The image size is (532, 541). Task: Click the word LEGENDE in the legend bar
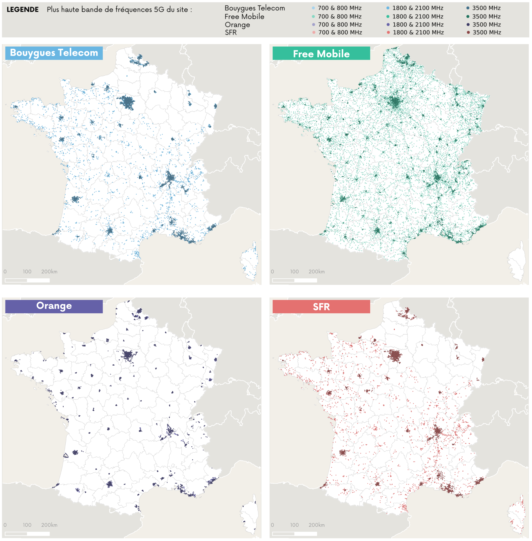23,9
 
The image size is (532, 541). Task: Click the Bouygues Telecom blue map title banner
54,53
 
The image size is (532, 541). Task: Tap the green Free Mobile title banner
321,54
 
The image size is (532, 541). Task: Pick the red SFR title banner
321,307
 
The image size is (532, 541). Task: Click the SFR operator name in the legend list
231,32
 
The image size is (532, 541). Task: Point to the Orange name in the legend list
237,25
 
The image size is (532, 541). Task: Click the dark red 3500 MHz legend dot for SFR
468,32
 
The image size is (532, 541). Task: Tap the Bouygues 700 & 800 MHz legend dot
313,8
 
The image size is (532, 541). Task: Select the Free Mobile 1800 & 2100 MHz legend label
418,17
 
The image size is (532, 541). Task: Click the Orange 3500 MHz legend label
486,25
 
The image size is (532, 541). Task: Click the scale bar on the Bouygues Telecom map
27,280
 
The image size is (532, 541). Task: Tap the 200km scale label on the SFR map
317,525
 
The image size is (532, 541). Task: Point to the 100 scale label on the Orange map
27,525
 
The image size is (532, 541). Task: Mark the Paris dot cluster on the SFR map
395,355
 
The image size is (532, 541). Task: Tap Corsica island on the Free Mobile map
517,261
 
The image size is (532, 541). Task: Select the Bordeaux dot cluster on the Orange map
75,452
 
